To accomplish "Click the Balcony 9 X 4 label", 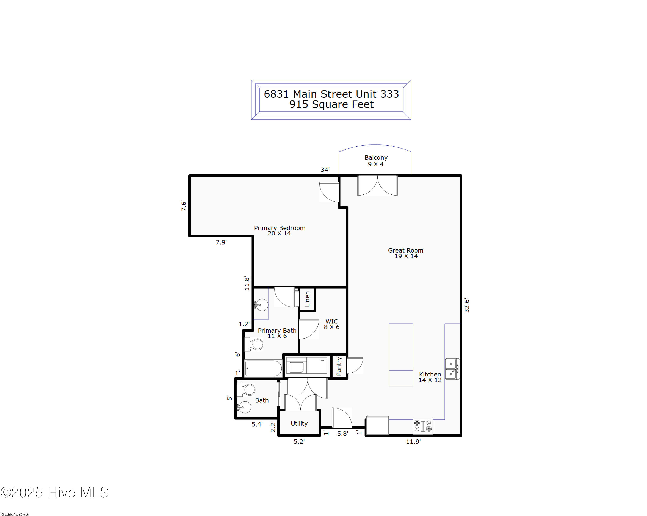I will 376,161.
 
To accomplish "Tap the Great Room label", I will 405,253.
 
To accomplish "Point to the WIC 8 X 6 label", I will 332,324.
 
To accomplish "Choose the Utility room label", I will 299,423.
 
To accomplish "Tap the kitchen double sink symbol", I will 452,369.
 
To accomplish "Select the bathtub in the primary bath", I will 263,368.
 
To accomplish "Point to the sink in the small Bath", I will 245,407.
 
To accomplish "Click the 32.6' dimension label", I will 467,305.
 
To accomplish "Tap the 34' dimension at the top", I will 325,170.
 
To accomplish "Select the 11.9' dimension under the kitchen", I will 413,442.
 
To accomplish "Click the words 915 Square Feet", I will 331,104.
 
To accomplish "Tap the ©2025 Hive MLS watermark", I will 54,492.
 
